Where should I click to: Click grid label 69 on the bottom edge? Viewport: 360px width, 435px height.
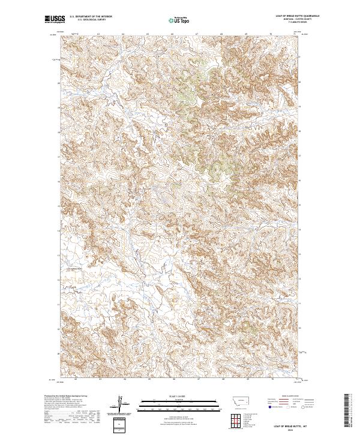(247, 379)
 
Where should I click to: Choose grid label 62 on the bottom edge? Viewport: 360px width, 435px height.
(76, 379)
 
